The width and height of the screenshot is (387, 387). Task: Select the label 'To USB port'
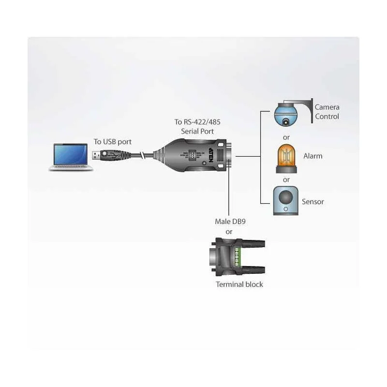pyautogui.click(x=112, y=142)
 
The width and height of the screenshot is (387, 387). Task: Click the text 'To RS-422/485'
pyautogui.click(x=197, y=122)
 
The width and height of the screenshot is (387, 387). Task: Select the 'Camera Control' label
pyautogui.click(x=327, y=112)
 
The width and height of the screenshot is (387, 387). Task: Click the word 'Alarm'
pyautogui.click(x=313, y=156)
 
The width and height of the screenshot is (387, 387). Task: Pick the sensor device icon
pyautogui.click(x=286, y=201)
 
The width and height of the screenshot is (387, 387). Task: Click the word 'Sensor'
pyautogui.click(x=313, y=201)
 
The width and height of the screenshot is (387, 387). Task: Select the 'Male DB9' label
pyautogui.click(x=229, y=222)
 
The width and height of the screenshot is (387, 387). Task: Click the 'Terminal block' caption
pyautogui.click(x=239, y=284)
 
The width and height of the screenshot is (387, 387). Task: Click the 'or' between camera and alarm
pyautogui.click(x=286, y=137)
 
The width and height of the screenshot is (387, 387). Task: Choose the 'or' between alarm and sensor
pyautogui.click(x=286, y=179)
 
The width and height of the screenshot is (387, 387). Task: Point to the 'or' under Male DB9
pyautogui.click(x=229, y=231)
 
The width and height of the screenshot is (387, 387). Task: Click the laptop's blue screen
pyautogui.click(x=72, y=153)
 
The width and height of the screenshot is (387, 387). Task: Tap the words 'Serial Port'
pyautogui.click(x=197, y=131)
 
